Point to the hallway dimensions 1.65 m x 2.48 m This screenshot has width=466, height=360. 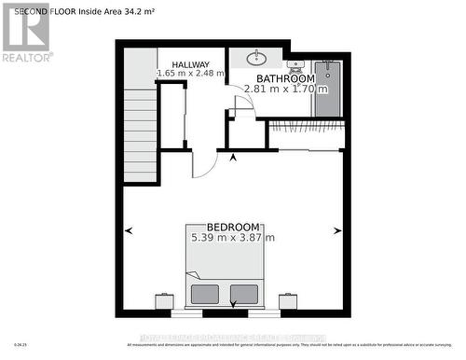tap(191, 73)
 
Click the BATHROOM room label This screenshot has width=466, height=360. tap(286, 78)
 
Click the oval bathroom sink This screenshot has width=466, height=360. tap(257, 59)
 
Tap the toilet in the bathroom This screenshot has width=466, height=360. tap(296, 66)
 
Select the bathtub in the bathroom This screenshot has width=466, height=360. tap(329, 90)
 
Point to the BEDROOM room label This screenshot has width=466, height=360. tap(233, 227)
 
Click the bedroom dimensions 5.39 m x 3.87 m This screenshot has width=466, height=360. tap(233, 238)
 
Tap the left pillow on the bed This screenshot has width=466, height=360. tap(204, 294)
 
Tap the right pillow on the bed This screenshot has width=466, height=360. tap(244, 294)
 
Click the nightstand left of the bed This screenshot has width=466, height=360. tap(165, 300)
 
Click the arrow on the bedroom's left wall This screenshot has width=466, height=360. tap(128, 230)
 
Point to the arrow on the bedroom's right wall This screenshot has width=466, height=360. tap(337, 230)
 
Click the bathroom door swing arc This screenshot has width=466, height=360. tap(241, 104)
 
